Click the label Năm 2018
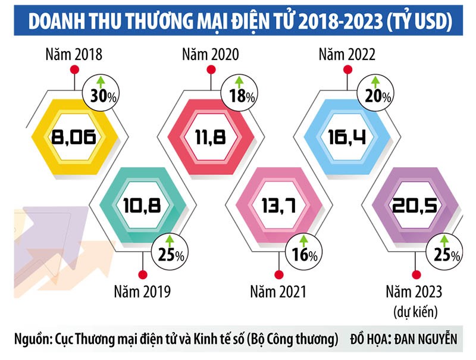(x=73, y=55)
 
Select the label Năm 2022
(x=347, y=55)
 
